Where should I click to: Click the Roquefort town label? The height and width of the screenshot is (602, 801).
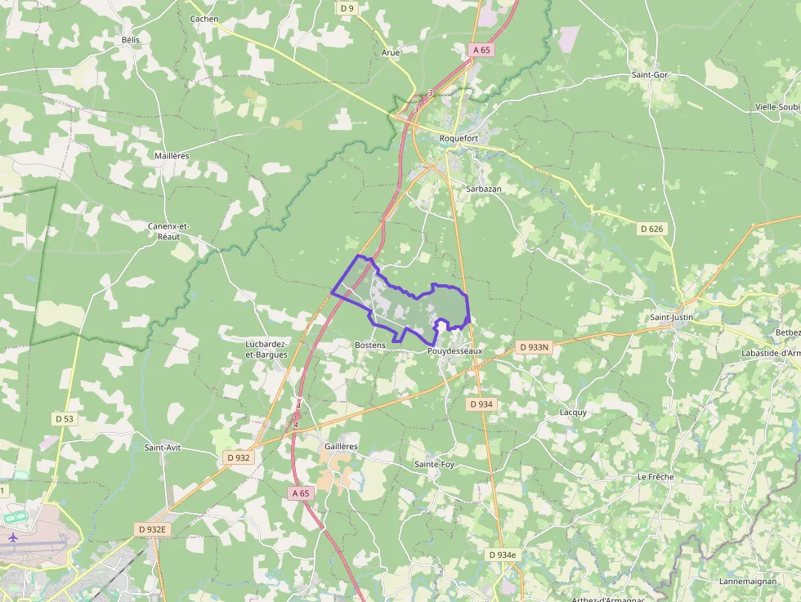tap(459, 138)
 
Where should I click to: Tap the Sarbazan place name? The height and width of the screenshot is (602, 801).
tap(484, 188)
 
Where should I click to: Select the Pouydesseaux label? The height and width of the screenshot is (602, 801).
tap(455, 350)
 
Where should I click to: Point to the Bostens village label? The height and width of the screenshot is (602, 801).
tap(370, 346)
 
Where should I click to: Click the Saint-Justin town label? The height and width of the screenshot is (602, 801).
tap(671, 317)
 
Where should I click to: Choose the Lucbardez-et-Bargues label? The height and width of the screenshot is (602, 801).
tap(266, 349)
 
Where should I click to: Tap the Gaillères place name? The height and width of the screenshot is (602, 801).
tap(341, 447)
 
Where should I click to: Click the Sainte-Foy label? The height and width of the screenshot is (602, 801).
tap(434, 464)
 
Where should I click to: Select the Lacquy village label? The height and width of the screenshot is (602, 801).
tap(573, 412)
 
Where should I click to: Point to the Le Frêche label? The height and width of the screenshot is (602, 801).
tap(655, 476)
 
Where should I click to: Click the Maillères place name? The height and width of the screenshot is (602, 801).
tap(172, 155)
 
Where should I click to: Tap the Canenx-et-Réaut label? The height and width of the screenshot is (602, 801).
tap(168, 230)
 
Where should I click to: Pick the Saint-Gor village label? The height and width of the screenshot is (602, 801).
tap(650, 75)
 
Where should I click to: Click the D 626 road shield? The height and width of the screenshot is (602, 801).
tap(651, 229)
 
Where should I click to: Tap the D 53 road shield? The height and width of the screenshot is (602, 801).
tap(65, 418)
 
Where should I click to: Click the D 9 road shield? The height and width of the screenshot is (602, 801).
tap(347, 8)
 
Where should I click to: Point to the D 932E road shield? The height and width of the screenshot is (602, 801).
tap(151, 529)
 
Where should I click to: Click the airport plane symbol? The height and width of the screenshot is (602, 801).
tap(12, 538)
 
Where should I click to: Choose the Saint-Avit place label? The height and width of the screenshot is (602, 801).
tap(163, 448)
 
